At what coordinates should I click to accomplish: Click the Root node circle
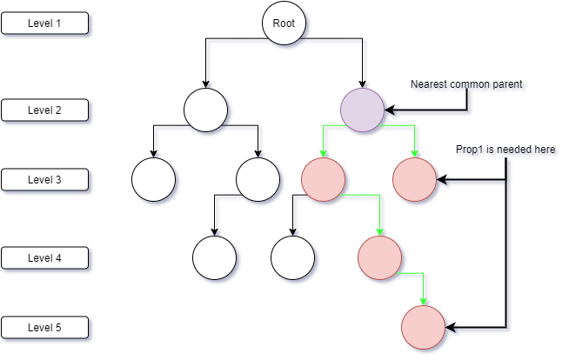284,23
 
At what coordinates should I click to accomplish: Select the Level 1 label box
44,23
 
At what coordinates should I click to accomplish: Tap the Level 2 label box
44,110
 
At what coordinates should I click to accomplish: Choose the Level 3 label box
44,179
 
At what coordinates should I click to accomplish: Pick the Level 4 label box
44,257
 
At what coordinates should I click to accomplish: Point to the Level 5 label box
44,327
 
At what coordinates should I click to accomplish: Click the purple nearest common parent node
362,110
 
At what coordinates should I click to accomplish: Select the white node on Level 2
205,110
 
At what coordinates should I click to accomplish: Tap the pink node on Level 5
423,327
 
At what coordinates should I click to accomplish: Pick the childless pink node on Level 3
413,179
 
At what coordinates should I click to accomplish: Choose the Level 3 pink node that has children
323,179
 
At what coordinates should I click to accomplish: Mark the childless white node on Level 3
153,179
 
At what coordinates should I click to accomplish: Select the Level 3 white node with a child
258,179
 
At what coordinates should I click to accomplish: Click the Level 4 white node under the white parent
214,257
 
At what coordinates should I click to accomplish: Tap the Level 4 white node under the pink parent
292,257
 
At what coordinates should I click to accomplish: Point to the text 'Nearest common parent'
467,86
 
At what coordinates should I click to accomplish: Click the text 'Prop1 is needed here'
506,150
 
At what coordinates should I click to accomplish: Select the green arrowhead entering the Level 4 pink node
380,231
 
